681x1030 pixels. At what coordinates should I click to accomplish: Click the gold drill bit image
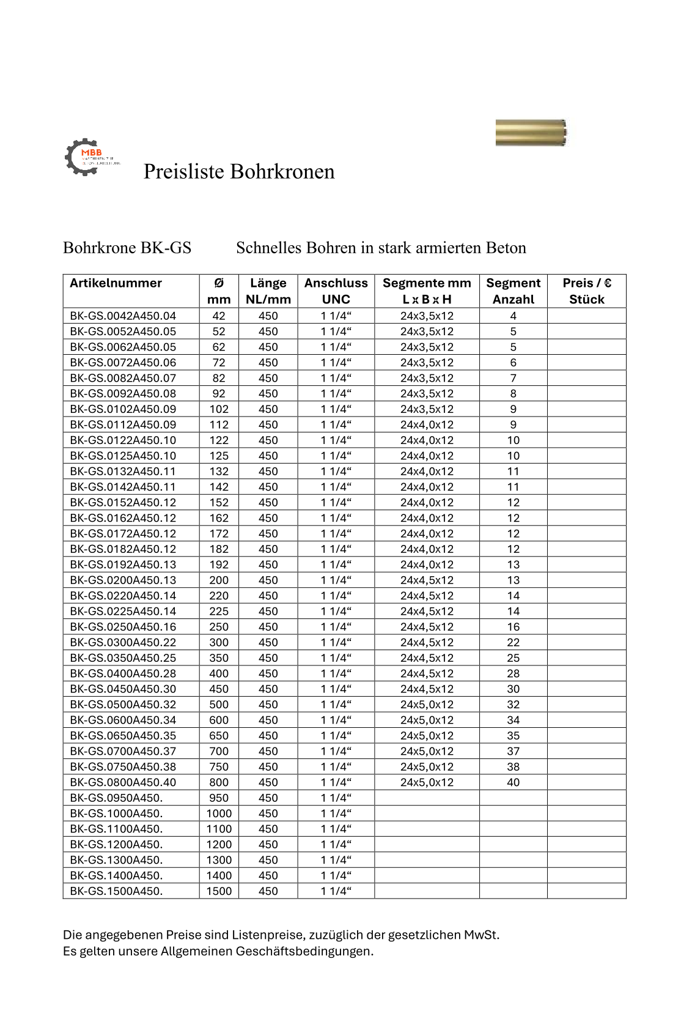[x=531, y=133]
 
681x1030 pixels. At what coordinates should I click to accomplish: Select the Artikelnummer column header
[x=116, y=283]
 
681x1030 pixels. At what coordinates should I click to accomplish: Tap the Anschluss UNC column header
[x=336, y=291]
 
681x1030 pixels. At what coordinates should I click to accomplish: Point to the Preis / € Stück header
[x=586, y=291]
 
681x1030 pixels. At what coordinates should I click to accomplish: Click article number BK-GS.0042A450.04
[x=123, y=316]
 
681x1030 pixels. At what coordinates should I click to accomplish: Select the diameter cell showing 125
[x=219, y=456]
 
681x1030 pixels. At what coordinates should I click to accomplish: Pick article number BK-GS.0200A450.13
[x=123, y=580]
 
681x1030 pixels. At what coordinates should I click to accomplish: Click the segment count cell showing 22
[x=513, y=643]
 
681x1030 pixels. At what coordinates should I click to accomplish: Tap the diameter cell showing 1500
[x=219, y=891]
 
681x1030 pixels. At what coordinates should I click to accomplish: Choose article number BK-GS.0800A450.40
[x=123, y=782]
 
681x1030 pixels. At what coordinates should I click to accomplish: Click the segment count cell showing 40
[x=513, y=782]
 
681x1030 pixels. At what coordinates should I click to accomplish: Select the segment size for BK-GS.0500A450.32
[x=427, y=705]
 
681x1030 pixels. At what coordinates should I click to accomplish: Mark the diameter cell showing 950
[x=219, y=798]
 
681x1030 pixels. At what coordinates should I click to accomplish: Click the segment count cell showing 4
[x=513, y=316]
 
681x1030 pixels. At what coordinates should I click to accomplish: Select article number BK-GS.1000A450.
[x=116, y=813]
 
